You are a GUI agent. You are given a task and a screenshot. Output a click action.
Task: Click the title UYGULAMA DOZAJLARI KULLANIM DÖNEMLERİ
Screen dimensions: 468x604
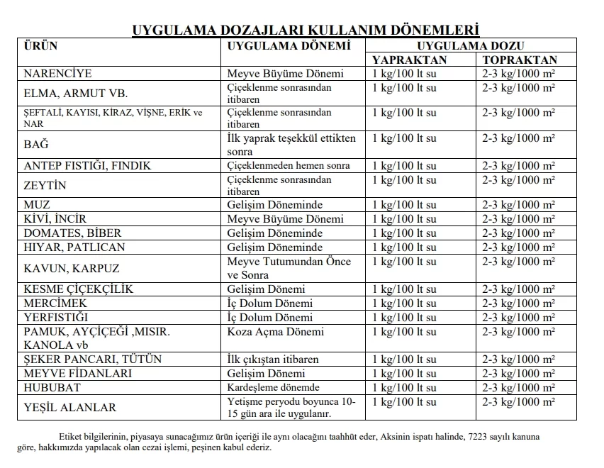point(306,30)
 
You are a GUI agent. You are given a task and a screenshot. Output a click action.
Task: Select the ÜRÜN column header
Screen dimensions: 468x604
point(40,47)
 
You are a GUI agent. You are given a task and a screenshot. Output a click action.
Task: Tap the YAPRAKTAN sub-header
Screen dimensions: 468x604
point(410,60)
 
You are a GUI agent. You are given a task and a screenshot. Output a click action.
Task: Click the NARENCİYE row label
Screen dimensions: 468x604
point(57,74)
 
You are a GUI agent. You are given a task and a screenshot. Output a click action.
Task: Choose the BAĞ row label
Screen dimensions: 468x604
point(36,145)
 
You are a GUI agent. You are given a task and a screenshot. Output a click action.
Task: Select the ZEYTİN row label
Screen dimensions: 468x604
point(45,185)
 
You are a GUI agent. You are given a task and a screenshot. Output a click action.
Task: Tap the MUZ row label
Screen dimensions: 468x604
point(37,205)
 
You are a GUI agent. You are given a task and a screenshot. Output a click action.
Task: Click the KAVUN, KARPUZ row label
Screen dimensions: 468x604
point(72,269)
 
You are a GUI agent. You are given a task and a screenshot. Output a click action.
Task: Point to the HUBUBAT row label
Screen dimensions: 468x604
point(52,388)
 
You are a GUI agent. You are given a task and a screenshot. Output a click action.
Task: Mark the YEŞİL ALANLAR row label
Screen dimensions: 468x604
point(69,408)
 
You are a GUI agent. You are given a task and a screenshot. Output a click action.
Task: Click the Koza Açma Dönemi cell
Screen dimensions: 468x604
point(276,332)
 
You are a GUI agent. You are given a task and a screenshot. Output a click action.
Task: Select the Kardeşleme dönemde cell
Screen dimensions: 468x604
point(273,388)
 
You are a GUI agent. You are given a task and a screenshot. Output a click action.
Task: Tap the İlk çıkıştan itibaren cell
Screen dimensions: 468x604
point(273,360)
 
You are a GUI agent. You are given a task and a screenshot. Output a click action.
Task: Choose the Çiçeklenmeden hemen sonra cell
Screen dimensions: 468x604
point(289,166)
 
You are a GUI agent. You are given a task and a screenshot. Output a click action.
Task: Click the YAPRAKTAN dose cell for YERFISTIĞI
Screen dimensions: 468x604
point(405,318)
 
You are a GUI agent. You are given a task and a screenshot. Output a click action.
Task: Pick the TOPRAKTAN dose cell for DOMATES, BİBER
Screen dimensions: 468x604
point(518,233)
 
